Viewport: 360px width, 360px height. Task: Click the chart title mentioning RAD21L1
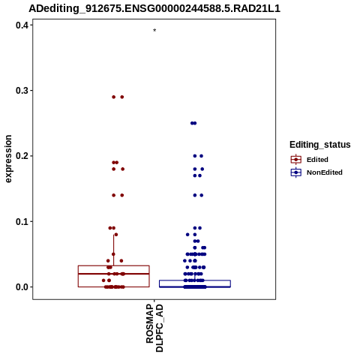click(x=154, y=8)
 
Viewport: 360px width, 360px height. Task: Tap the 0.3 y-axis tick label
click(x=22, y=91)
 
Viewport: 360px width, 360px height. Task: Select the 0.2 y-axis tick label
click(x=22, y=156)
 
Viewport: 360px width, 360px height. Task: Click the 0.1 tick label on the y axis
click(x=22, y=221)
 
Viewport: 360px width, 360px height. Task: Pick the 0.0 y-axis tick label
click(x=22, y=287)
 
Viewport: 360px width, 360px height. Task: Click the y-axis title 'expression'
click(x=8, y=159)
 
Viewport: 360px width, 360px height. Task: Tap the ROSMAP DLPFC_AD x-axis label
click(x=154, y=328)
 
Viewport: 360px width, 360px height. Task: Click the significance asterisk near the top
click(x=154, y=30)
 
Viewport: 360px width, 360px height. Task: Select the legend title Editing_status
click(x=320, y=145)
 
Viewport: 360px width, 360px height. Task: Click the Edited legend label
click(x=317, y=160)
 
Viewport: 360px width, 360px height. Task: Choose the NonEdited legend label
click(x=325, y=172)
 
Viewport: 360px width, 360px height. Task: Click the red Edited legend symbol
click(x=296, y=160)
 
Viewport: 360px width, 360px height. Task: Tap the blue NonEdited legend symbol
click(x=296, y=172)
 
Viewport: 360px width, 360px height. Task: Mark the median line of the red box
click(x=114, y=274)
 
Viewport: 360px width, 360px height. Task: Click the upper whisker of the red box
click(x=114, y=250)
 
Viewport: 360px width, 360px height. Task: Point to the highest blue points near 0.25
click(x=193, y=123)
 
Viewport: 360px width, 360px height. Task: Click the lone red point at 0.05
click(x=113, y=254)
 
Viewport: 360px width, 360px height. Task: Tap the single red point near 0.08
click(x=115, y=235)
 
